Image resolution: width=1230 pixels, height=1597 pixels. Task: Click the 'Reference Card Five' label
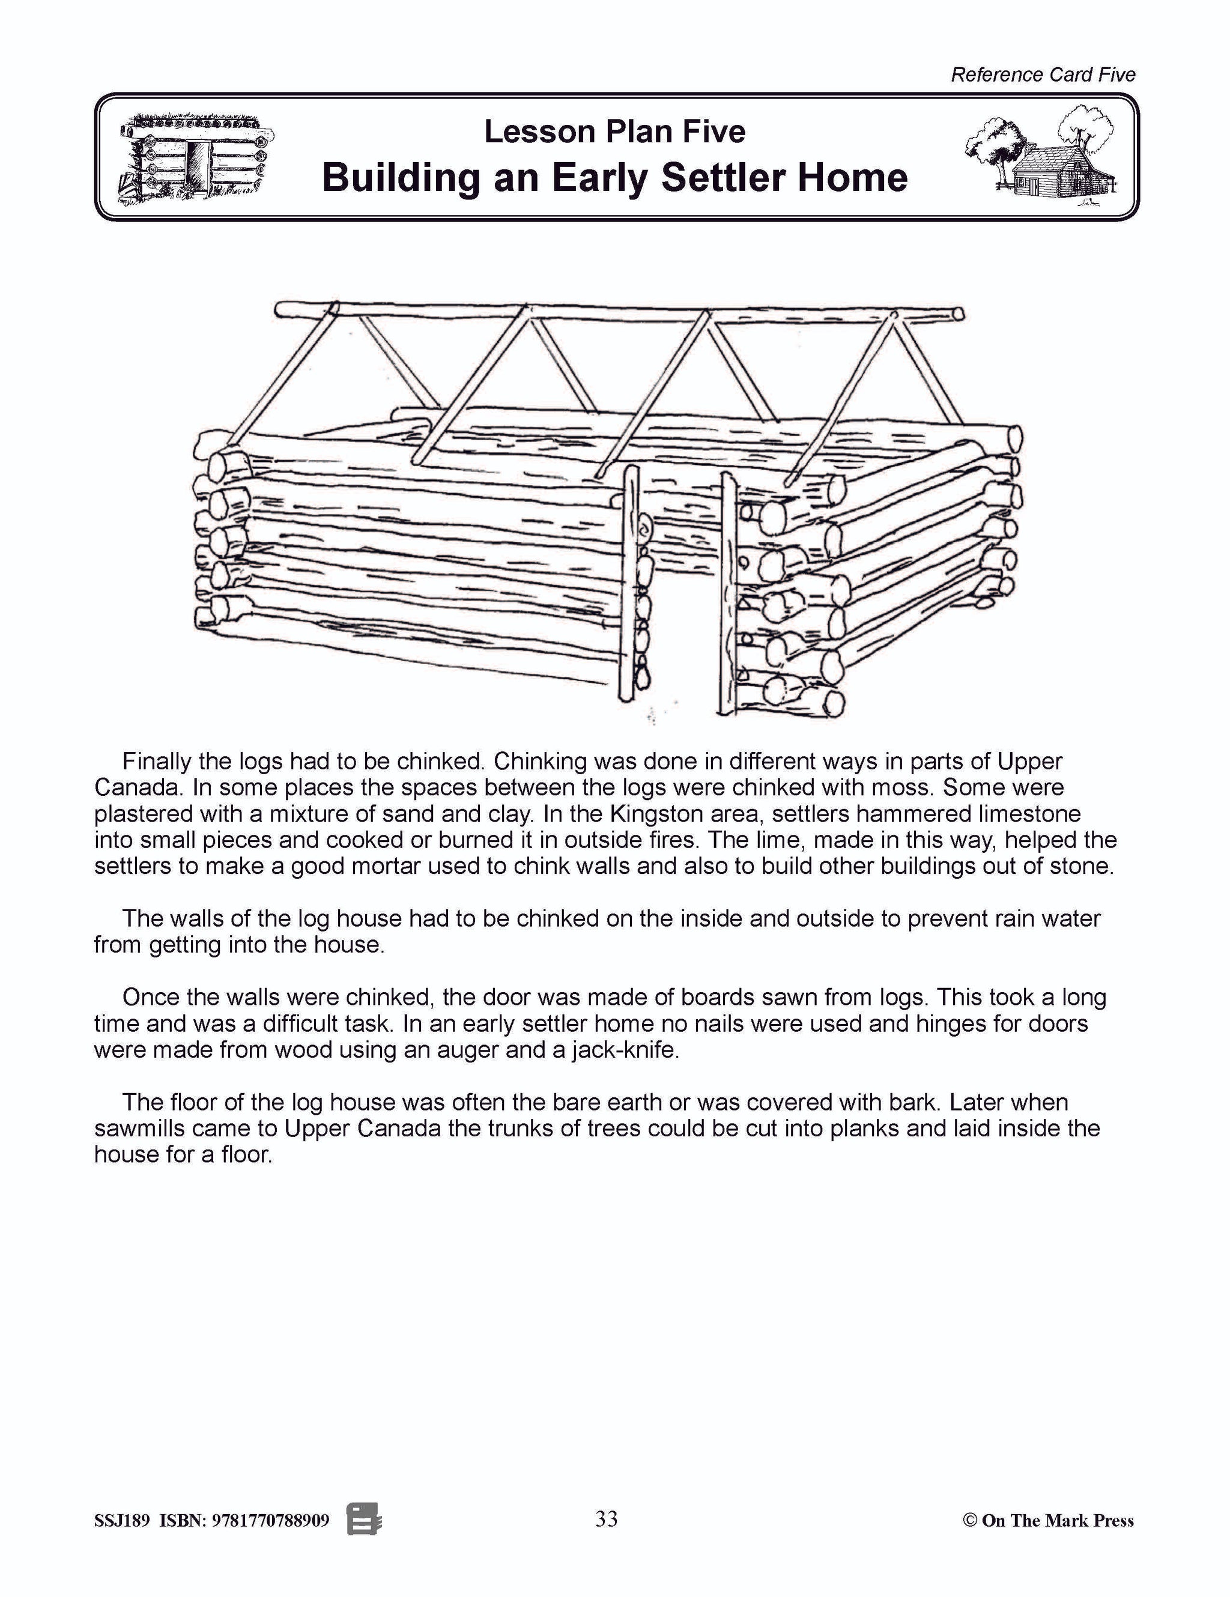tap(1042, 74)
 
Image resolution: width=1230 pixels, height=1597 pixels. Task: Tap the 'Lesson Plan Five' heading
tap(614, 132)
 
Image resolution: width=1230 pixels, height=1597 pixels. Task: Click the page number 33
tap(606, 1520)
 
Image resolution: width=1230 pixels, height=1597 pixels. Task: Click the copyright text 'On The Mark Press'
tap(1056, 1521)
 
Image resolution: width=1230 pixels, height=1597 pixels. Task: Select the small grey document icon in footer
tap(364, 1520)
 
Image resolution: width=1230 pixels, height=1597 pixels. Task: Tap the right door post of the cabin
tap(729, 592)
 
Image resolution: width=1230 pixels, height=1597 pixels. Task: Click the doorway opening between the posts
tap(680, 622)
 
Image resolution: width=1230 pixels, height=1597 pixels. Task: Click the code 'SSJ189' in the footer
tap(122, 1521)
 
